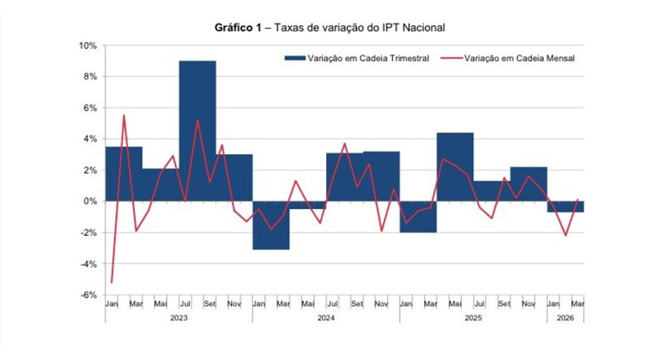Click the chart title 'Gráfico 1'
coord(237,28)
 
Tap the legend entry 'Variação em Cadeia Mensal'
coord(519,58)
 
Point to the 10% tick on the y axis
coord(88,45)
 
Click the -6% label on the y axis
coord(88,295)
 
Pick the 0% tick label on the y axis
coord(90,201)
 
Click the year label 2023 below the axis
coord(178,319)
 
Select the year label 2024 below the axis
coord(325,319)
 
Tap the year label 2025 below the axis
coord(473,319)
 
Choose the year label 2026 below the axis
coord(565,319)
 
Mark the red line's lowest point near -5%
coord(111,282)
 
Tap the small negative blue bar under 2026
coord(565,207)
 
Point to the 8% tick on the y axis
coord(90,76)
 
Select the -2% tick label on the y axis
coord(88,233)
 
